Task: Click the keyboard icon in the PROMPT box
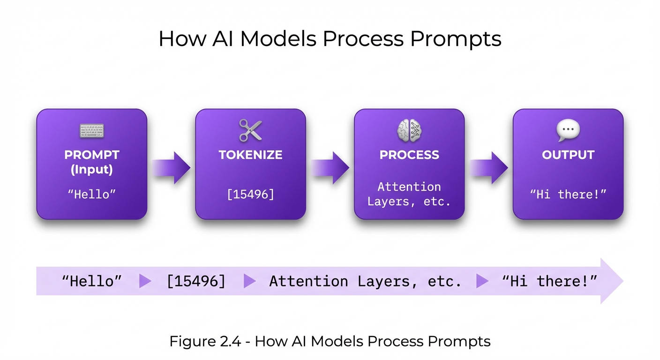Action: click(x=92, y=131)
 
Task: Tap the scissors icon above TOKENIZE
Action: click(x=250, y=130)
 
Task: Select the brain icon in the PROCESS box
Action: click(x=409, y=130)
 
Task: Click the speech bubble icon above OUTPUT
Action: click(x=568, y=130)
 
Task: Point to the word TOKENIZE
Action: click(x=250, y=155)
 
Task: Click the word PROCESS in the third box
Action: click(x=409, y=155)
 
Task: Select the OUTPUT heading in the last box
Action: click(x=568, y=155)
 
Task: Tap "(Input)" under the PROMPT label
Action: click(x=92, y=169)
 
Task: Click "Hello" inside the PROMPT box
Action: click(x=92, y=194)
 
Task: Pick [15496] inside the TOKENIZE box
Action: click(x=250, y=194)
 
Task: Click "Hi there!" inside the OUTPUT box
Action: click(x=568, y=194)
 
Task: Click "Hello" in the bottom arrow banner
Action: click(x=92, y=281)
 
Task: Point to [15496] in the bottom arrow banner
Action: click(x=196, y=281)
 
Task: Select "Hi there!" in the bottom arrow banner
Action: click(x=549, y=281)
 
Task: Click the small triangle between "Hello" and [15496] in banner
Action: click(x=145, y=281)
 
